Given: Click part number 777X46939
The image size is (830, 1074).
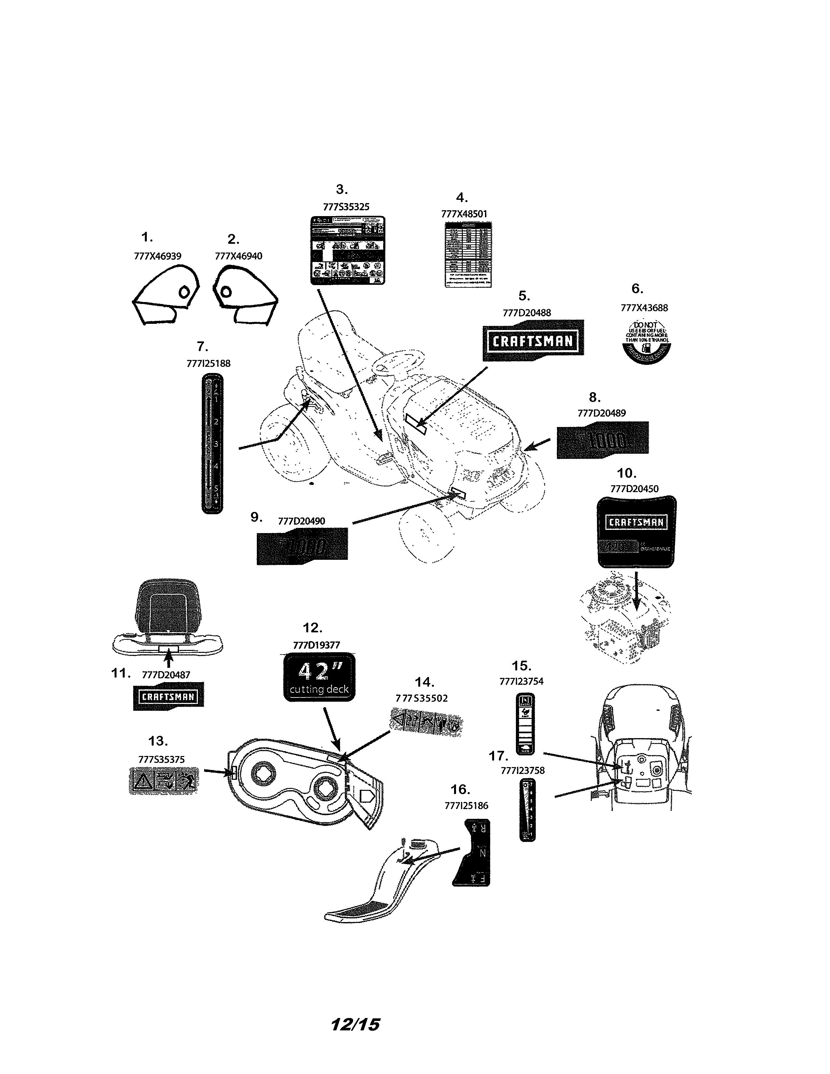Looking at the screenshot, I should (157, 256).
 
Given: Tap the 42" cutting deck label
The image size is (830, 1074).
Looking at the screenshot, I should (319, 677).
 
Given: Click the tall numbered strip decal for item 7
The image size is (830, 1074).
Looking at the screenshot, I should (213, 444).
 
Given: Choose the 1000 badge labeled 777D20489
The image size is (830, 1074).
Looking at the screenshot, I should (602, 440).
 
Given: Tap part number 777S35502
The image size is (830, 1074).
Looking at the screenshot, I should (422, 699).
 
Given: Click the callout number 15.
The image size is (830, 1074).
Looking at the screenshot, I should (521, 666).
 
